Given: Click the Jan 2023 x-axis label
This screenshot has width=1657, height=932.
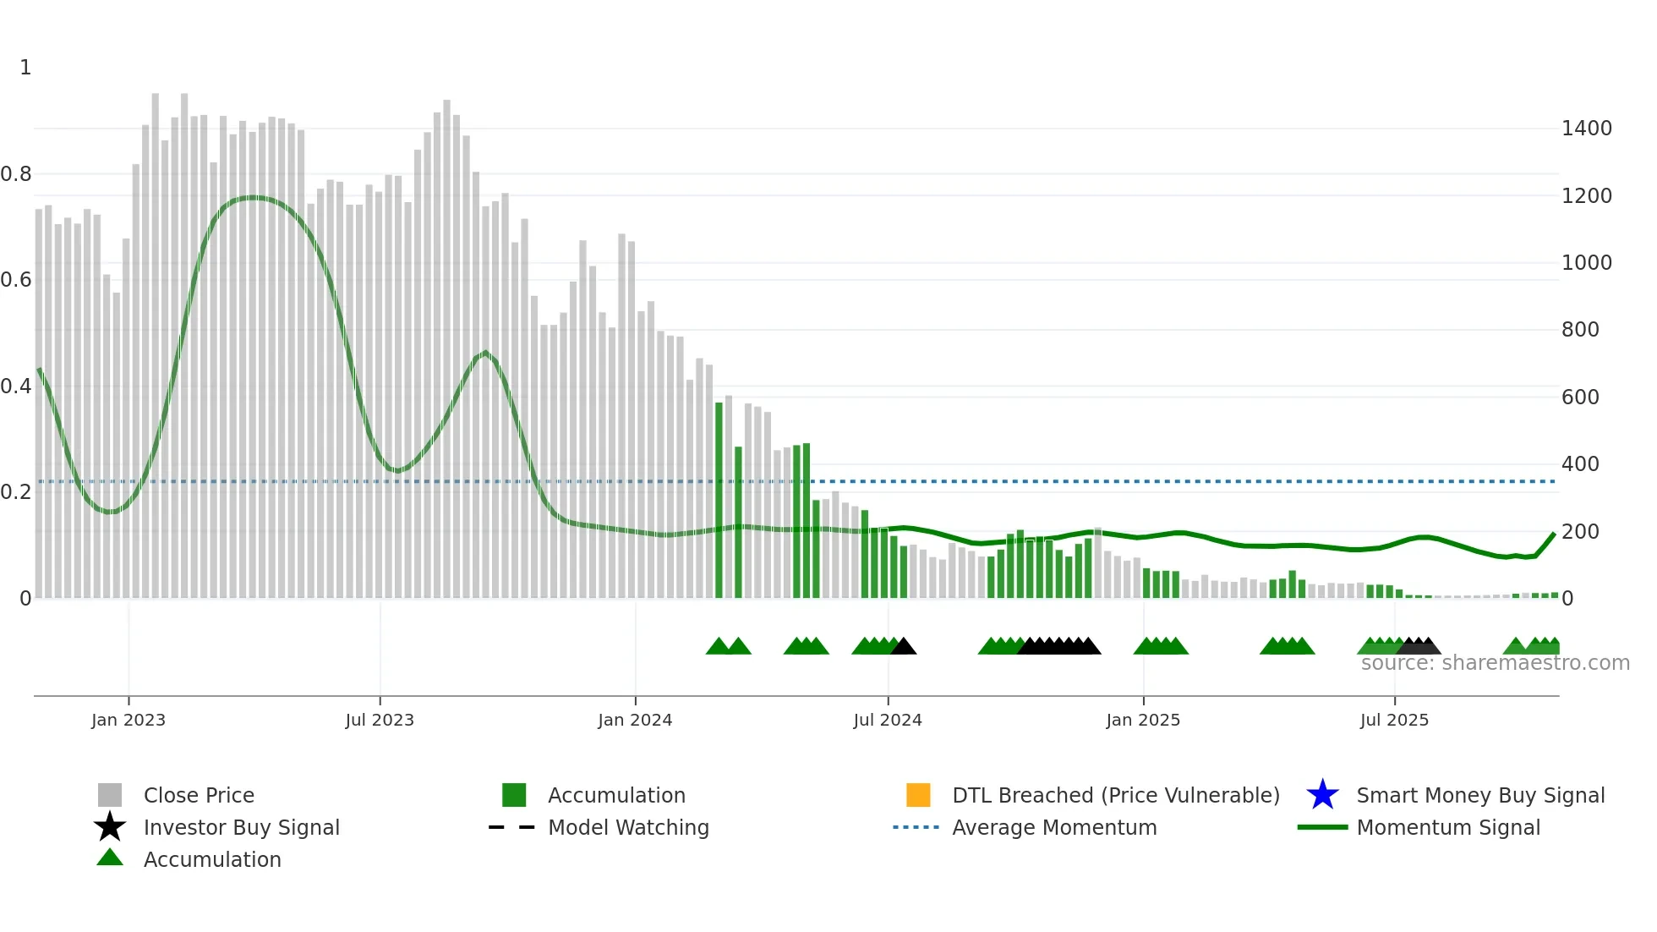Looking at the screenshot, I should tap(129, 720).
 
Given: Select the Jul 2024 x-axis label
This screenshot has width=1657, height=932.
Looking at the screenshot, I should tap(888, 720).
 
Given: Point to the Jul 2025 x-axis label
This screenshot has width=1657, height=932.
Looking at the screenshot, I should tap(1394, 720).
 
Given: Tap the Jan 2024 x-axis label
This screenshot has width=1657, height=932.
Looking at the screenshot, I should tap(635, 720).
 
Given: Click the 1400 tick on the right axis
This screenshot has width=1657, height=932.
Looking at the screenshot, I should tap(1587, 129).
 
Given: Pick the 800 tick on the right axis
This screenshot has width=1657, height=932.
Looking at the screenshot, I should tap(1580, 330).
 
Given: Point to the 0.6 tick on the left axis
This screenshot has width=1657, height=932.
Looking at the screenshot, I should tap(16, 280).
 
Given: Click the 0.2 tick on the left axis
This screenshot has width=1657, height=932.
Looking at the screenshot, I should tap(16, 492).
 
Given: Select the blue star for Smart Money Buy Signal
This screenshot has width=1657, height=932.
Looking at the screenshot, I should tap(1322, 795).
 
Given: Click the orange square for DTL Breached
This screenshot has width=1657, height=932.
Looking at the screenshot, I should tap(918, 795).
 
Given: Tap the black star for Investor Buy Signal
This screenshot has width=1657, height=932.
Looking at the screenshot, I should tap(110, 827).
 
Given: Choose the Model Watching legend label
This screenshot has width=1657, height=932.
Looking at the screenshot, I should tap(628, 827).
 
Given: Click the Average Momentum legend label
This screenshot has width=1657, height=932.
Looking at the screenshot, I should tap(1054, 827).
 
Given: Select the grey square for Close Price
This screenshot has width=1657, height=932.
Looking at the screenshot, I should tap(110, 795).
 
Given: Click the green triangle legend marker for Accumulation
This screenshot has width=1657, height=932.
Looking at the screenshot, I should tap(110, 858).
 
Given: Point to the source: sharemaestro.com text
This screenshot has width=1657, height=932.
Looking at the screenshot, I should tap(1495, 663).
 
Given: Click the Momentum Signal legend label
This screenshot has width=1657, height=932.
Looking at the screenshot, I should tap(1448, 827).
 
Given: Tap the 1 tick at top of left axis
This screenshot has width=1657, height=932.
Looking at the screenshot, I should tap(25, 68).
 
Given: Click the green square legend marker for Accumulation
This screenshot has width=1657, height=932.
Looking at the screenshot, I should tap(514, 795).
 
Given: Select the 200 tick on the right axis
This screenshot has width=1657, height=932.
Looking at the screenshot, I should tap(1580, 532).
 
